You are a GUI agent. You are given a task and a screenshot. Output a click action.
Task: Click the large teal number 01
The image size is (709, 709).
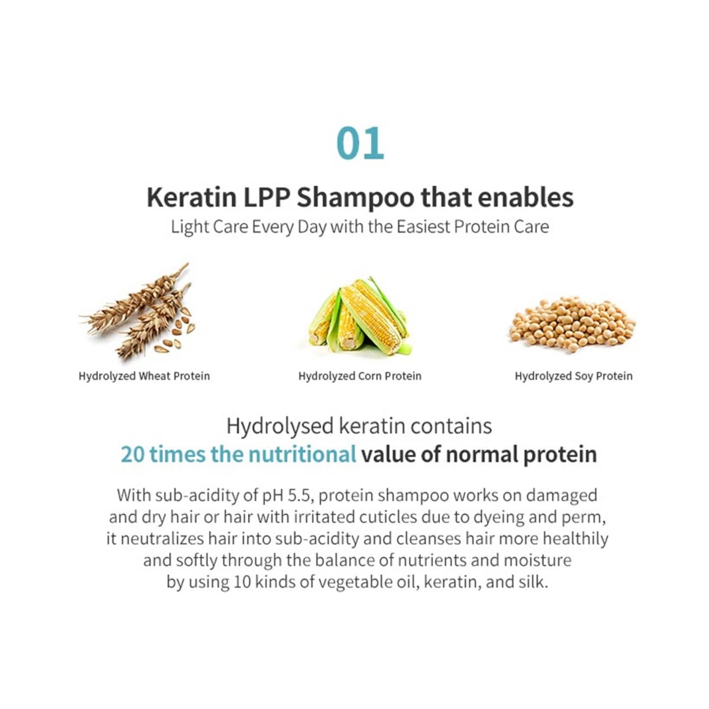point(360,143)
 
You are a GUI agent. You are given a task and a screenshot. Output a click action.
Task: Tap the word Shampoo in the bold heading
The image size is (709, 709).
point(355,197)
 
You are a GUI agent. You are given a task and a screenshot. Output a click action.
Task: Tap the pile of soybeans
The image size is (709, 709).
point(572,321)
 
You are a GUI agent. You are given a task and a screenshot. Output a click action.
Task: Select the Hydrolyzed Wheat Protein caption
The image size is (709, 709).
point(144,376)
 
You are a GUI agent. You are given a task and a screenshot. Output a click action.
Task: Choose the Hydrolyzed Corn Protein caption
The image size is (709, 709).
point(360,376)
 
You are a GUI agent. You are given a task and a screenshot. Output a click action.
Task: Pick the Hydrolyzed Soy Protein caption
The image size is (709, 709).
point(573,376)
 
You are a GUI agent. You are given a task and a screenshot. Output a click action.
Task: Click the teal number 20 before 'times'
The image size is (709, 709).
point(132,454)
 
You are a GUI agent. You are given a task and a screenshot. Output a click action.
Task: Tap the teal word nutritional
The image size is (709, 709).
point(302,454)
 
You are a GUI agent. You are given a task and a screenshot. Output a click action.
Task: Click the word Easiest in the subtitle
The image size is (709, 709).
point(423,227)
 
